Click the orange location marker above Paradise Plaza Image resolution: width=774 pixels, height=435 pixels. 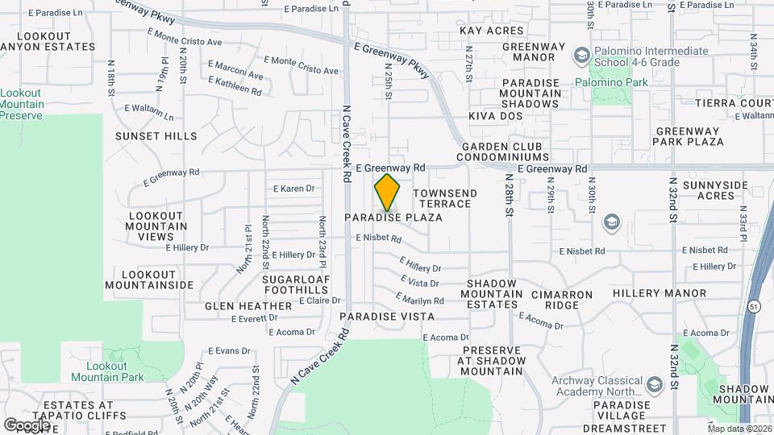pyautogui.click(x=388, y=192)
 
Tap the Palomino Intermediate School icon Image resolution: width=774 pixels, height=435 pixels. pyautogui.click(x=579, y=56)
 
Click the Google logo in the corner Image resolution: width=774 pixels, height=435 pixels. pyautogui.click(x=27, y=425)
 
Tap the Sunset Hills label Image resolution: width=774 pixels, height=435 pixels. pyautogui.click(x=156, y=136)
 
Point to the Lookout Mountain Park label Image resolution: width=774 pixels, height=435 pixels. pyautogui.click(x=107, y=371)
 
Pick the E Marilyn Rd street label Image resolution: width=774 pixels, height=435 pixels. pyautogui.click(x=421, y=300)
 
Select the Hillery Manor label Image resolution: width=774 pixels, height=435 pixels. pyautogui.click(x=659, y=293)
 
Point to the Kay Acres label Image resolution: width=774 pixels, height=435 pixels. pyautogui.click(x=491, y=31)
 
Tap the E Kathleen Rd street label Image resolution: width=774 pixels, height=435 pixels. pyautogui.click(x=235, y=86)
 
